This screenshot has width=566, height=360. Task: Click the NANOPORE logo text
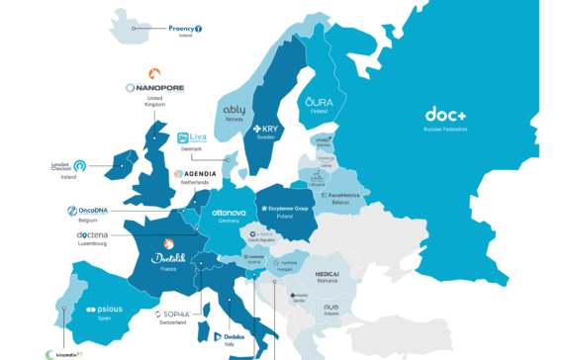coord(154,88)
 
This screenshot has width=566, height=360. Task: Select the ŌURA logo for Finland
coord(319,103)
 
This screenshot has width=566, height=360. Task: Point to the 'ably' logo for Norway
coord(235,111)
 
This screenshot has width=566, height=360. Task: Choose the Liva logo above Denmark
coord(193,138)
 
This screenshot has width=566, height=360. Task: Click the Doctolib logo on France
coord(169,259)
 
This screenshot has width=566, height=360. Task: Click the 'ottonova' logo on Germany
coord(229,213)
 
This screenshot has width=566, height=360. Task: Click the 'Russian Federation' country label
coord(445,130)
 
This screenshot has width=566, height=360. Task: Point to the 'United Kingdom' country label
coord(154,102)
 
